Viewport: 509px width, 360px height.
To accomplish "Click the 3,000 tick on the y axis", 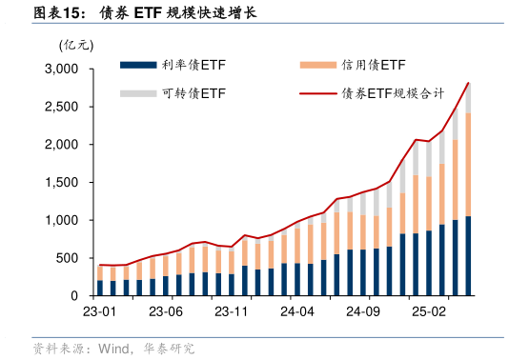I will coord(63,70).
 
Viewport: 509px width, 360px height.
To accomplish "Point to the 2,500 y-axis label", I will coord(63,108).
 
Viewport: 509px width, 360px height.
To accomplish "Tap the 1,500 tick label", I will coord(63,183).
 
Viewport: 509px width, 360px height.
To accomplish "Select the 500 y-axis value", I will coord(70,258).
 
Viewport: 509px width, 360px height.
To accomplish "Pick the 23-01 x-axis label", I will coord(100,311).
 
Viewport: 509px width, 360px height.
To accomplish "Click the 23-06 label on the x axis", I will coord(166,311).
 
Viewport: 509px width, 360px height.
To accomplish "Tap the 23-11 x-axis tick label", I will coord(232,311).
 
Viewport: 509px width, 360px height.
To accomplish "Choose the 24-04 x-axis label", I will coord(297,311).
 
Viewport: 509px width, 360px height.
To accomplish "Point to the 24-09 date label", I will coord(363,311).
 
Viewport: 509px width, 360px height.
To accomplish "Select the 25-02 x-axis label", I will coord(429,311).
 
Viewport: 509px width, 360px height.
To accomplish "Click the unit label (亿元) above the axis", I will coord(75,45).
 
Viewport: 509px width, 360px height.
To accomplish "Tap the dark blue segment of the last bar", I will coord(468,256).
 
